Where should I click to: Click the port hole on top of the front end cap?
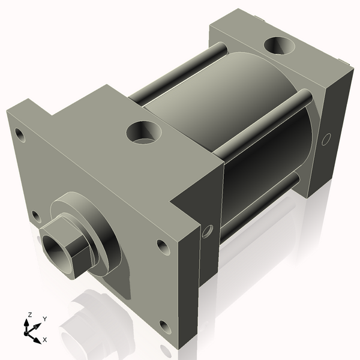(144, 131)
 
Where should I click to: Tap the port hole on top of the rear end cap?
(278, 46)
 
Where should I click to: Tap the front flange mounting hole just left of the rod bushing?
(35, 215)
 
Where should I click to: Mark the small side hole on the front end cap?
(208, 230)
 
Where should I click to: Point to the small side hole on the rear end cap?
(326, 139)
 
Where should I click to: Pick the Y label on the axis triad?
(44, 319)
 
